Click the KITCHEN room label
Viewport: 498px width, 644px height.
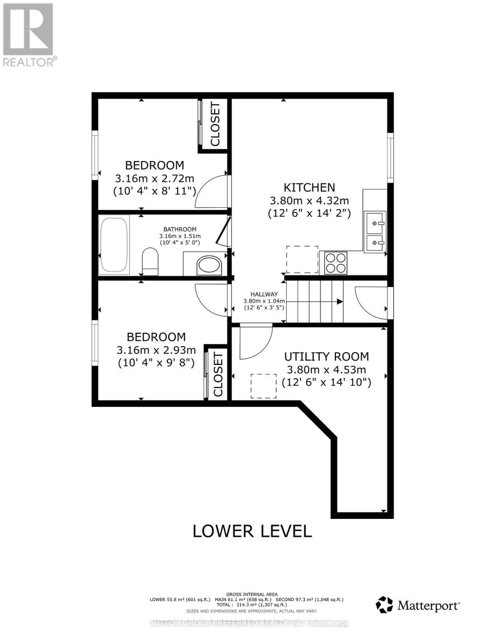coord(309,187)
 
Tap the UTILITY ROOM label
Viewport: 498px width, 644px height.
coord(326,356)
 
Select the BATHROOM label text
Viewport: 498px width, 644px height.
coord(180,229)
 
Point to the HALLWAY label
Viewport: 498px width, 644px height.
coord(263,294)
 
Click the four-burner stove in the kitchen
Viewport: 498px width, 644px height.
coord(335,263)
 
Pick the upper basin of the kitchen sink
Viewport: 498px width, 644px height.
coord(376,220)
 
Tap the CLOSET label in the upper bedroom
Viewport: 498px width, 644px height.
coord(215,123)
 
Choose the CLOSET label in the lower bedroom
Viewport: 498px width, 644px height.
coord(218,375)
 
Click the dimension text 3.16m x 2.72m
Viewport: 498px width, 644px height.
coord(155,178)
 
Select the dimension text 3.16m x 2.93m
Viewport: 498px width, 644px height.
coord(156,350)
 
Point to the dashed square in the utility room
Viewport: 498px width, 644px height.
coord(263,386)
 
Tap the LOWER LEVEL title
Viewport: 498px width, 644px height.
coord(252,531)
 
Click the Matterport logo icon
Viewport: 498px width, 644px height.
coord(384,605)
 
